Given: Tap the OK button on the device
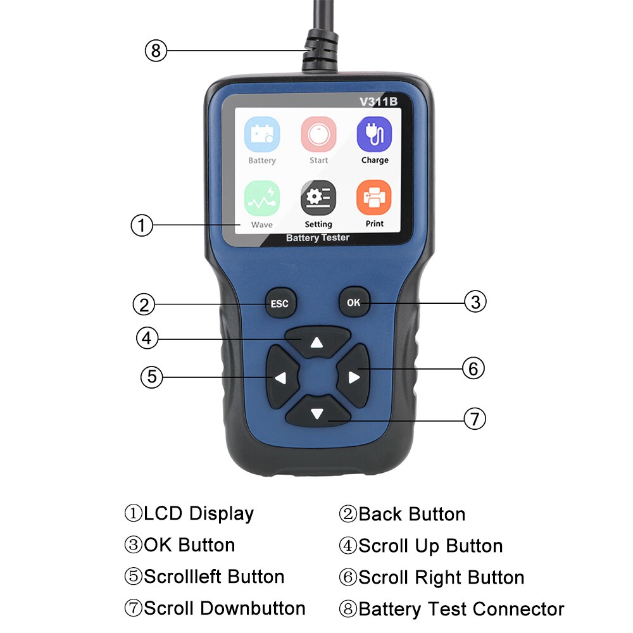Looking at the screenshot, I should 353,303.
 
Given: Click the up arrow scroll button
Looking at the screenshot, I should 317,343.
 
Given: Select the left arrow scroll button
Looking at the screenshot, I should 280,377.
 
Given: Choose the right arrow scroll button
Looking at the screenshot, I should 353,377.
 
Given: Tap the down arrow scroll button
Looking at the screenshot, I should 317,414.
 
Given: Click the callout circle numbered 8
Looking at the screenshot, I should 156,50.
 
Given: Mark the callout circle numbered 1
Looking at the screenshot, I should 142,225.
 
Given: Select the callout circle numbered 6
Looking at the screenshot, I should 473,368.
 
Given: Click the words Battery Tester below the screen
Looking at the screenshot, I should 318,238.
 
